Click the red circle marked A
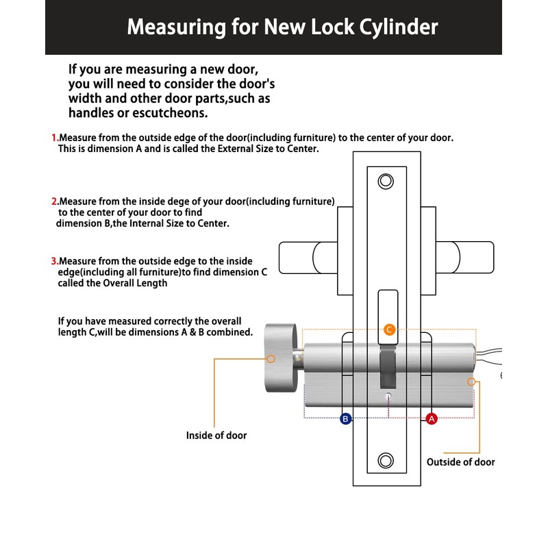tap(432, 419)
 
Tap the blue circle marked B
tap(346, 419)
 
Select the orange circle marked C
tap(389, 329)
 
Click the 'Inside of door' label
tap(216, 435)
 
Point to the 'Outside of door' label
tap(460, 462)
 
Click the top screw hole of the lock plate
tap(386, 182)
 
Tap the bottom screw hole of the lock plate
tap(386, 460)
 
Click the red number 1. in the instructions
tap(55, 138)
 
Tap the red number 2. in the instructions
tap(55, 201)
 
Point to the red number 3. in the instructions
tap(55, 261)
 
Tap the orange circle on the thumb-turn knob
tap(271, 358)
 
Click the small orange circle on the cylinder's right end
tap(471, 381)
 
